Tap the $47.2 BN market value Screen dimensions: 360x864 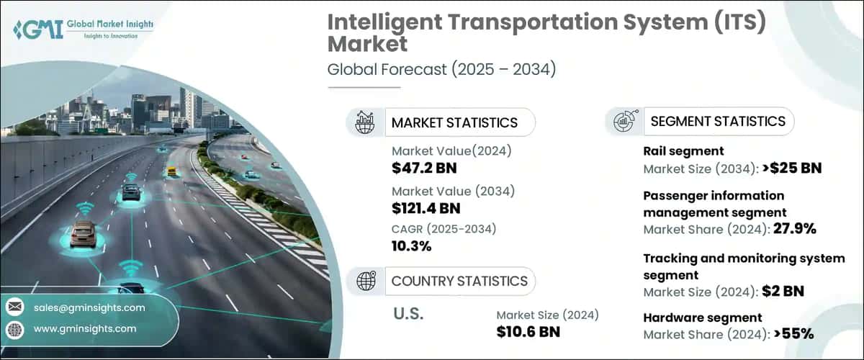[424, 168]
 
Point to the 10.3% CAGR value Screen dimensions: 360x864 [412, 246]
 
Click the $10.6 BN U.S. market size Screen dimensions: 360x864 [528, 331]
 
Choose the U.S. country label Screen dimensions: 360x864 [410, 315]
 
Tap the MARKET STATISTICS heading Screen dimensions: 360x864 [454, 122]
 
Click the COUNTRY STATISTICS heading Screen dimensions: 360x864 [459, 281]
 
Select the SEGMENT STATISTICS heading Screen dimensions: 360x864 [718, 121]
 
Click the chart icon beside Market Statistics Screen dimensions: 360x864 [366, 122]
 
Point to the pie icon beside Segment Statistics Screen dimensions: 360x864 [624, 121]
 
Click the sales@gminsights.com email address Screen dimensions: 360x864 [89, 307]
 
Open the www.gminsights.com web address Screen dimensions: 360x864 [85, 328]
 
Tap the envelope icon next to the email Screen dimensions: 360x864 [14, 307]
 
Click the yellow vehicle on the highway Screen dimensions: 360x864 [171, 171]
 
